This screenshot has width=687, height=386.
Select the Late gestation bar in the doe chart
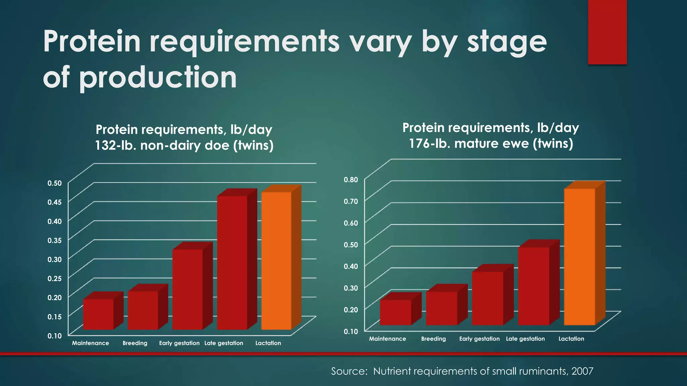coord(232,263)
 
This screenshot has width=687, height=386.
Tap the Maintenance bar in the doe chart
coord(98,314)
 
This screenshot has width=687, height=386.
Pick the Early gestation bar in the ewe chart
coord(487,298)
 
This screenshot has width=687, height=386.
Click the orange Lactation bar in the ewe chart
coord(579,257)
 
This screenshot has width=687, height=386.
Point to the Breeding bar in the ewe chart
coord(441,308)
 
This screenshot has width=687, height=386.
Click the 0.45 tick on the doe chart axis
coord(55,202)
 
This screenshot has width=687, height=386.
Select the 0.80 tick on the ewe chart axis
coord(351,180)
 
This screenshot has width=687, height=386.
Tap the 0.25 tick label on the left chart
coord(55,278)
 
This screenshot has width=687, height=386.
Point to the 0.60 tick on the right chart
coord(351,223)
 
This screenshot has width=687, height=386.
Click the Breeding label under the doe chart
coord(135,343)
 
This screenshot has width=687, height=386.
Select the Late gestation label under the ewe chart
coord(525,339)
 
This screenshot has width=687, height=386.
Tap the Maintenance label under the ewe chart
coord(387,339)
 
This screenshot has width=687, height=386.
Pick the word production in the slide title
coord(158,77)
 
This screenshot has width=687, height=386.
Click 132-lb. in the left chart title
coord(115,145)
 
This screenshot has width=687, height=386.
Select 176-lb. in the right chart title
coord(429,143)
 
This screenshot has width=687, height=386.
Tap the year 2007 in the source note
coord(582,371)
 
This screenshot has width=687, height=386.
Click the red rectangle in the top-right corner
coord(607,32)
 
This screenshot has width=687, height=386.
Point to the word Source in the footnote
coord(349,371)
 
